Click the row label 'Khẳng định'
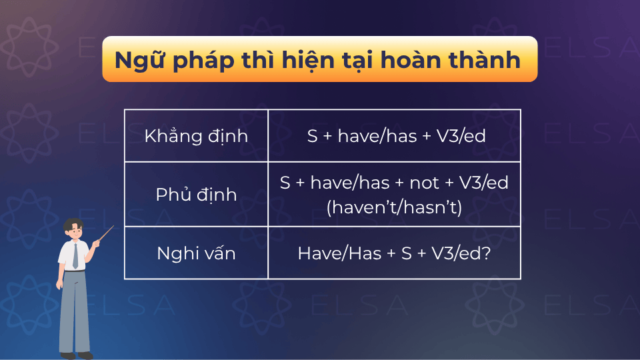coord(196,137)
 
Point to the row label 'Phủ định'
coord(196,195)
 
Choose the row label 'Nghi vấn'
coord(196,253)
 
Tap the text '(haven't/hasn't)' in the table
coord(394,207)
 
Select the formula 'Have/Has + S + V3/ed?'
coord(394,253)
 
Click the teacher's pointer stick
coord(105,234)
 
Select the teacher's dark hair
coord(73,223)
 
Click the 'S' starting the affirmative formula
coord(312,137)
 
